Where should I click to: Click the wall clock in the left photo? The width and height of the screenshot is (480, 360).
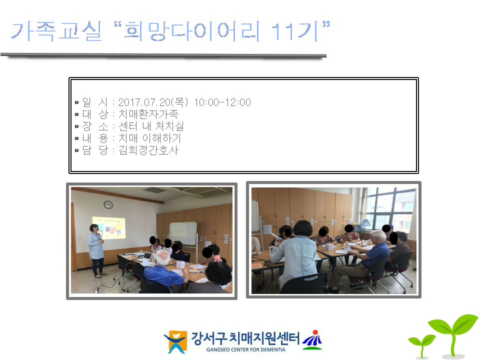click(108, 205)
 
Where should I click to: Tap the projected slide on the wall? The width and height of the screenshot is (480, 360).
click(108, 228)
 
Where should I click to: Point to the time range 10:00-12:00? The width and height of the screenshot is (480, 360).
click(222, 102)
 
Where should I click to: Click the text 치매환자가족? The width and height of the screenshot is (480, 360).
click(148, 114)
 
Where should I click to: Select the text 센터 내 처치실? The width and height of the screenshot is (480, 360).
click(151, 126)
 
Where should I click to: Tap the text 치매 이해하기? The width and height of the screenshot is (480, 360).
click(149, 138)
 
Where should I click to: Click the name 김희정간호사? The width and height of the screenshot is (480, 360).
click(148, 150)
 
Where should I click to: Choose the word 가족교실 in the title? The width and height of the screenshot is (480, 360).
click(56, 31)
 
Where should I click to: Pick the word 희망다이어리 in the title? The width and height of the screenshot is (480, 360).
click(192, 31)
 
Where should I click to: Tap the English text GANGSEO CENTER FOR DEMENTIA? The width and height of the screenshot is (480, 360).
click(246, 349)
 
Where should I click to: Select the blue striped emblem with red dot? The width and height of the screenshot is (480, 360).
click(312, 340)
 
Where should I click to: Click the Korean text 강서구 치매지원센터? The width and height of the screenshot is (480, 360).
click(245, 338)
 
